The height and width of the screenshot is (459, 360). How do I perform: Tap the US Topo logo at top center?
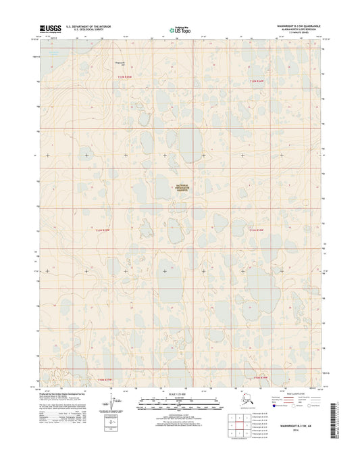(180, 30)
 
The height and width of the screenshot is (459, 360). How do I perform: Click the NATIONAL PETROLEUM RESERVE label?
(182, 189)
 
